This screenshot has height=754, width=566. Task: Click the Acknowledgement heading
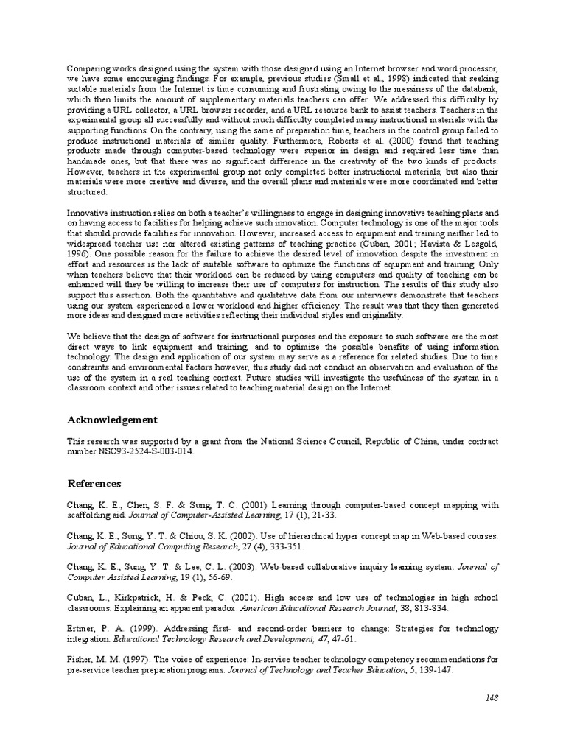tap(112, 420)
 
